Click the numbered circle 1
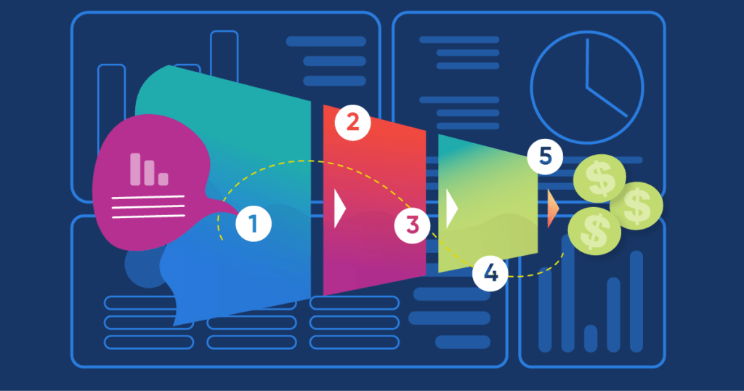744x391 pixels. pos(254,224)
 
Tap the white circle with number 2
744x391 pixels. pos(352,122)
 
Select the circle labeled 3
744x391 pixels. pos(413,225)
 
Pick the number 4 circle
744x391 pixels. pos(490,273)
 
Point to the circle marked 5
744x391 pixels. pos(545,156)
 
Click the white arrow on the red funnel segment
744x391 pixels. pos(340,209)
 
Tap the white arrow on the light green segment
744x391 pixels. pos(452,209)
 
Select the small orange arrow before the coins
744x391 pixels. pos(553,209)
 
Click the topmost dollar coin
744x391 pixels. pos(599,178)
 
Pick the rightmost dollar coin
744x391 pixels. pos(636,206)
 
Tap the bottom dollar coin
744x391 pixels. pos(594,231)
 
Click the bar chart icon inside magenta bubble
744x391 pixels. pos(149,169)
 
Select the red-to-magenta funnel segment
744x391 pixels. pos(374,200)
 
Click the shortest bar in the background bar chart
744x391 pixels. pos(591,339)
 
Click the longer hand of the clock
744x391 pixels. pos(587,63)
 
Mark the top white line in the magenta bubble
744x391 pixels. pos(148,197)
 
